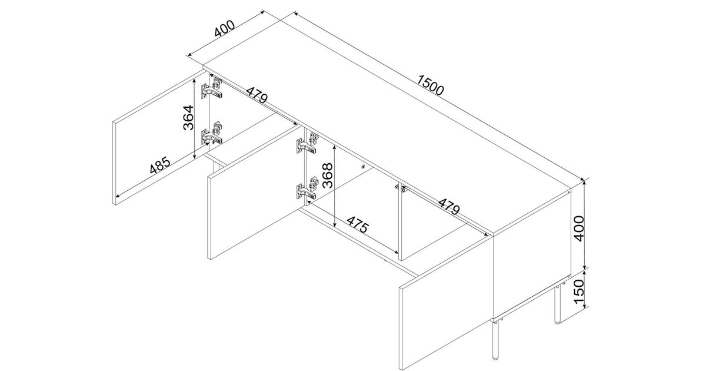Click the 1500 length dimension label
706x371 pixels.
click(x=430, y=85)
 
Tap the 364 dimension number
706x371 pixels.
click(x=188, y=117)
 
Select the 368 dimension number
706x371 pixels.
click(x=328, y=175)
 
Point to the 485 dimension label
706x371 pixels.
click(x=160, y=165)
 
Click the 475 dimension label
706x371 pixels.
click(x=358, y=224)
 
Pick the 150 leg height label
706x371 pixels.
click(x=580, y=291)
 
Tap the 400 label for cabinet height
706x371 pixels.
click(x=580, y=228)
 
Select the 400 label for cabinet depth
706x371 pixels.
click(x=225, y=28)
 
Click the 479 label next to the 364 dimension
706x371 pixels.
click(x=257, y=95)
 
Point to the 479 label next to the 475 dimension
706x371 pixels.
click(x=449, y=206)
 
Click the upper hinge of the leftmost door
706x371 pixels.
click(x=212, y=87)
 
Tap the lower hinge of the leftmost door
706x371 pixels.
click(x=212, y=133)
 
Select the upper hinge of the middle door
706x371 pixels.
click(x=307, y=143)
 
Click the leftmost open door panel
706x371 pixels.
click(x=158, y=138)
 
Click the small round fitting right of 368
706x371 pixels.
click(x=363, y=166)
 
